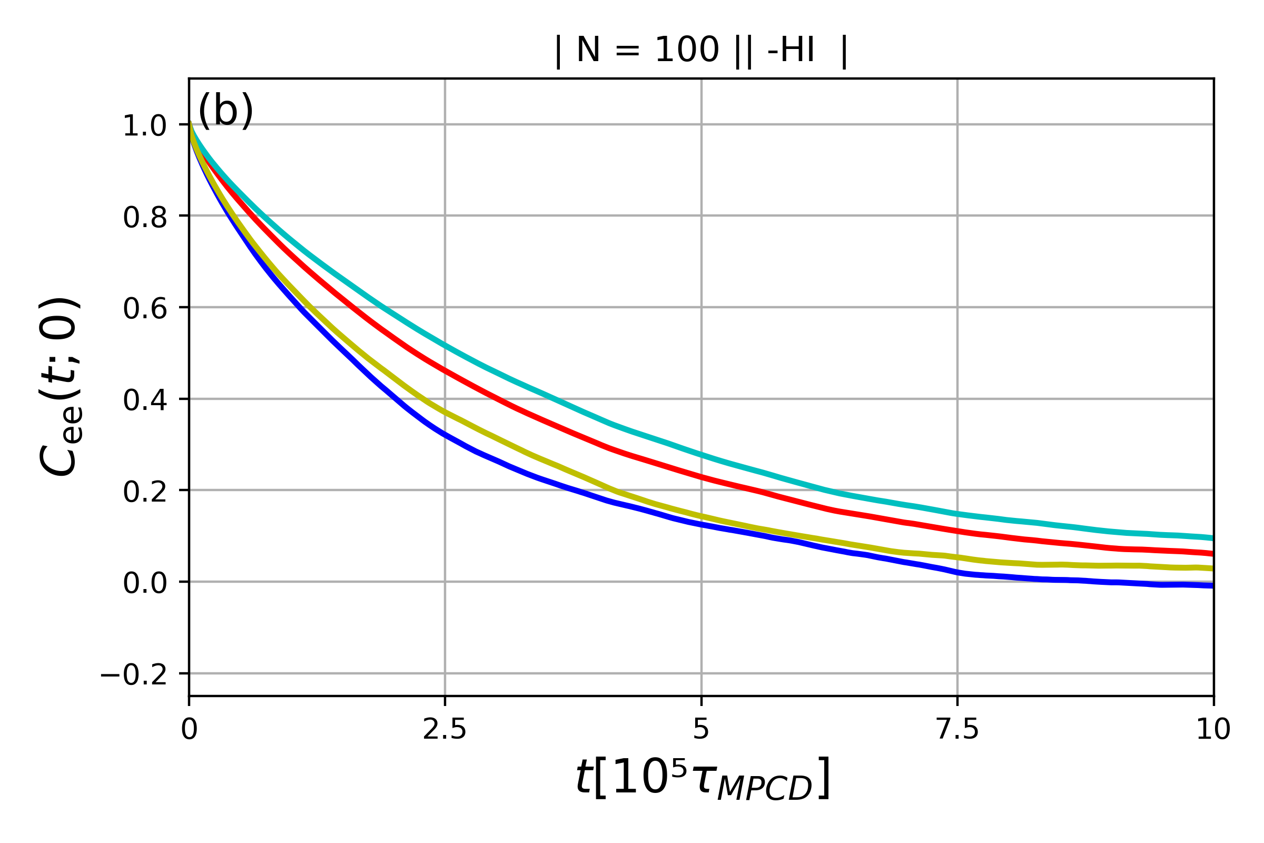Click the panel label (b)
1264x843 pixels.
pyautogui.click(x=225, y=111)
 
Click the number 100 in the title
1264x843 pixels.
pyautogui.click(x=687, y=52)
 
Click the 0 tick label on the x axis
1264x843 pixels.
pyautogui.click(x=189, y=730)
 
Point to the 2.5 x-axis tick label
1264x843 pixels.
pyautogui.click(x=445, y=730)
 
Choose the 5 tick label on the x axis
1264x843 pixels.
pyautogui.click(x=702, y=730)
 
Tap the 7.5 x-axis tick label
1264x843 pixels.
pyautogui.click(x=957, y=730)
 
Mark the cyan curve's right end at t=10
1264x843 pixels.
pyautogui.click(x=1211, y=537)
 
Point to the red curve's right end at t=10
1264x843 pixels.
pyautogui.click(x=1211, y=553)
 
